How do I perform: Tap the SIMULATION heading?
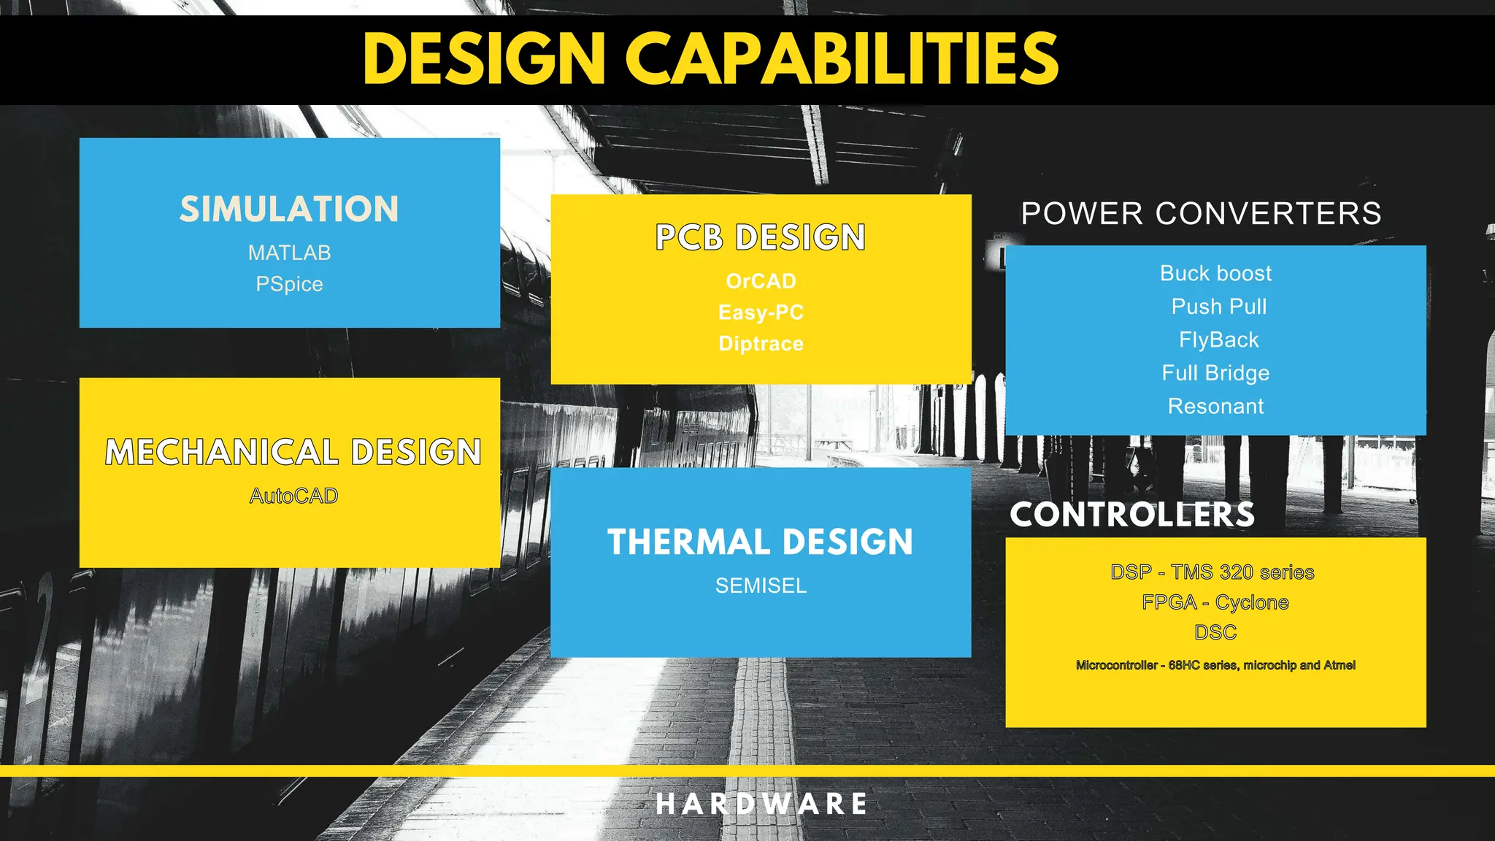pos(289,210)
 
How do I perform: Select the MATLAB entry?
pos(289,253)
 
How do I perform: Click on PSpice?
pos(289,284)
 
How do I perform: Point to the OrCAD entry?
pos(761,281)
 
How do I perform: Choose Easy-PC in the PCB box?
pos(761,312)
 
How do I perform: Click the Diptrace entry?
pos(761,344)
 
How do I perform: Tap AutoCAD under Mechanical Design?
pos(293,496)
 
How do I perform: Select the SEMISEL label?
pos(761,585)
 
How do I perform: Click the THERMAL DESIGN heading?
pos(760,542)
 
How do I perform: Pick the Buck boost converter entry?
pos(1215,273)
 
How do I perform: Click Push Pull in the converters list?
pos(1218,307)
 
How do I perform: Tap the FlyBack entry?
pos(1218,339)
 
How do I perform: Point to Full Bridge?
pos(1215,373)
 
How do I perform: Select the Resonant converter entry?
pos(1215,406)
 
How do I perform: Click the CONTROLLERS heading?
pos(1132,515)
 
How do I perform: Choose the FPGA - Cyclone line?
pos(1215,602)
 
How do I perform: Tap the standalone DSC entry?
pos(1215,632)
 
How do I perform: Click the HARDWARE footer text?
pos(761,804)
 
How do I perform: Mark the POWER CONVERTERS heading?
pos(1201,214)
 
